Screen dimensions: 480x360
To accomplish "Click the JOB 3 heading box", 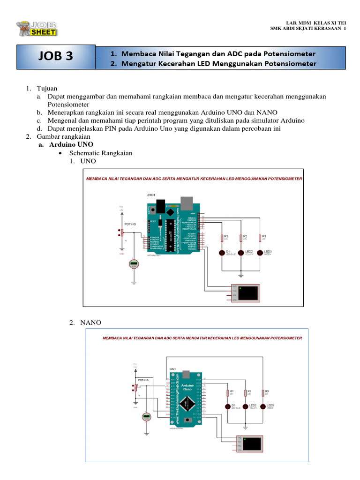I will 56,57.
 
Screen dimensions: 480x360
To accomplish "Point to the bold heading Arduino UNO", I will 71,144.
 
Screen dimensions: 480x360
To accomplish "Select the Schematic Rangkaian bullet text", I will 101,153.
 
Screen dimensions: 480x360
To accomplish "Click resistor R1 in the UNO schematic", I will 221,238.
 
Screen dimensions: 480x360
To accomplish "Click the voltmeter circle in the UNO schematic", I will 134,264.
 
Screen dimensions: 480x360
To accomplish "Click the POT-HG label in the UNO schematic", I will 130,225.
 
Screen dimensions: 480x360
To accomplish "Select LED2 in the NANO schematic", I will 245,406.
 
